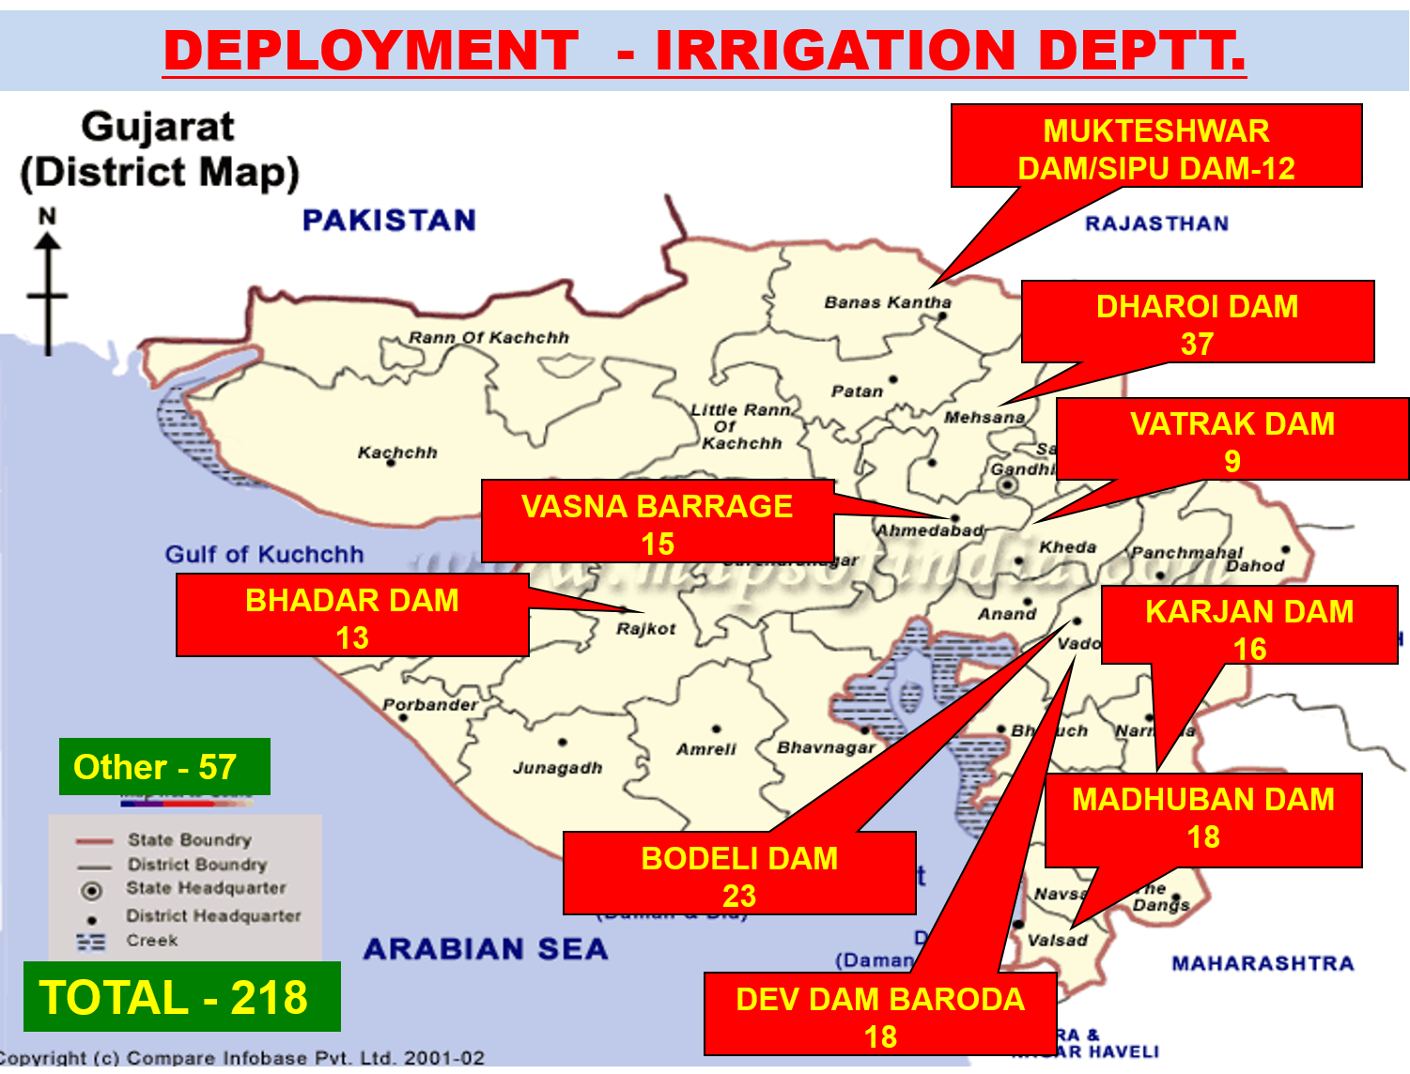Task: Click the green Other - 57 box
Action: click(164, 767)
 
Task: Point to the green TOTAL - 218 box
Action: click(181, 997)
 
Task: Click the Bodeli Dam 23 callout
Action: click(739, 874)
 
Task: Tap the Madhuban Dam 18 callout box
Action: click(1203, 820)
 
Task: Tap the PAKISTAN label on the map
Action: click(389, 221)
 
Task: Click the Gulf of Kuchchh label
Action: click(264, 555)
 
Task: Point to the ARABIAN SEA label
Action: click(486, 949)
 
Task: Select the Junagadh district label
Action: click(557, 768)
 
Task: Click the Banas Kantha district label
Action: click(888, 302)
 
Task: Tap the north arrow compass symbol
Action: click(47, 282)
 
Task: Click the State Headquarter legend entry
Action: click(206, 888)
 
